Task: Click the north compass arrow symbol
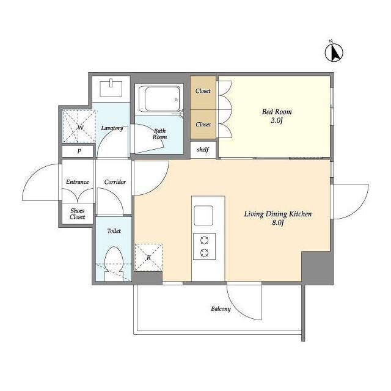point(334,52)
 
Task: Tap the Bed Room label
point(277,112)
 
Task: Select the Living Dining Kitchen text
point(278,214)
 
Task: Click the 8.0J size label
point(278,222)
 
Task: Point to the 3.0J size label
point(277,120)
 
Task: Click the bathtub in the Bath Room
point(160,99)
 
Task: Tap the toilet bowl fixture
point(114,263)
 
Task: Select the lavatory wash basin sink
point(111,88)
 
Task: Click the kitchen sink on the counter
point(203,216)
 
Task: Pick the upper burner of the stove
point(204,240)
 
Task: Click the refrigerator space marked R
point(148,257)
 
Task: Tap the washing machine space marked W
point(79,126)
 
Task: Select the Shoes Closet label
point(78,214)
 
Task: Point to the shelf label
point(203,150)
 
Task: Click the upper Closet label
point(203,91)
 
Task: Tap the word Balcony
point(221,309)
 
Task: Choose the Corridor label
point(115,182)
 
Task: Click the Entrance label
point(78,182)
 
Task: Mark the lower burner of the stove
point(204,253)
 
